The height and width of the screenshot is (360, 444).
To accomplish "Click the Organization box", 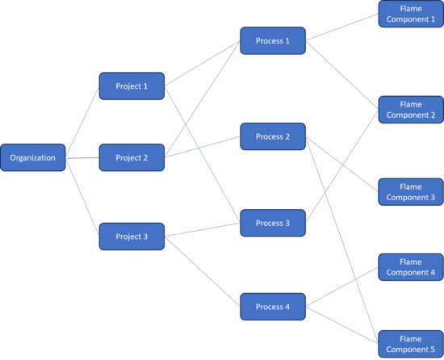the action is pyautogui.click(x=33, y=157).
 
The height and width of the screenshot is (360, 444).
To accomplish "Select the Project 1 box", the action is pyautogui.click(x=132, y=86).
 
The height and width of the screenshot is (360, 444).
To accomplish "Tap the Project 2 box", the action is pyautogui.click(x=132, y=157).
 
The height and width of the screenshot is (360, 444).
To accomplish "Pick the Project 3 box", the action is pyautogui.click(x=132, y=237).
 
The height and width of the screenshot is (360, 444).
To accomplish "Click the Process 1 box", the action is pyautogui.click(x=273, y=40).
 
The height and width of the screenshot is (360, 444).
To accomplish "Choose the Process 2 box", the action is pyautogui.click(x=273, y=136).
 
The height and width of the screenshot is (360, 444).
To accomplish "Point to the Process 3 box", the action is pyautogui.click(x=273, y=223).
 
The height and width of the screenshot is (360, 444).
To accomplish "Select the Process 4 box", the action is pyautogui.click(x=273, y=307).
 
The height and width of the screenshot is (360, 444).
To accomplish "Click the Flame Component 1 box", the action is pyautogui.click(x=411, y=14).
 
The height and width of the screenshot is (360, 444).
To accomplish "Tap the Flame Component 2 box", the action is pyautogui.click(x=411, y=110).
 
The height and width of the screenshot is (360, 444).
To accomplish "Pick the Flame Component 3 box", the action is pyautogui.click(x=411, y=192).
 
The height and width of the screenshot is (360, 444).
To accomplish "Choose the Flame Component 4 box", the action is pyautogui.click(x=411, y=267).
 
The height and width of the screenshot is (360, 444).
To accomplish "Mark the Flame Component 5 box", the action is pyautogui.click(x=411, y=344).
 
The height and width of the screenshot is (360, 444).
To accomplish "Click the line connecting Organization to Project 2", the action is pyautogui.click(x=82, y=158).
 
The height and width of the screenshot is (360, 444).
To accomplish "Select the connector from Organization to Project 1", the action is pyautogui.click(x=82, y=122).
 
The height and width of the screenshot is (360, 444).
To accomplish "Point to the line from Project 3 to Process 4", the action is pyautogui.click(x=203, y=272).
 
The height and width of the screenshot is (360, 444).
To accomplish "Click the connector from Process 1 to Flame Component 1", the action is pyautogui.click(x=342, y=27).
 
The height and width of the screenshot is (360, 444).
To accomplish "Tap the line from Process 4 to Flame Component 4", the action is pyautogui.click(x=342, y=287).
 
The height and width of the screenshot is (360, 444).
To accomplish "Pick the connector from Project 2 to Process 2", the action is pyautogui.click(x=203, y=147).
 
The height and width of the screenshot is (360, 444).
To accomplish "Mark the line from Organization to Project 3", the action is pyautogui.click(x=82, y=197).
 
